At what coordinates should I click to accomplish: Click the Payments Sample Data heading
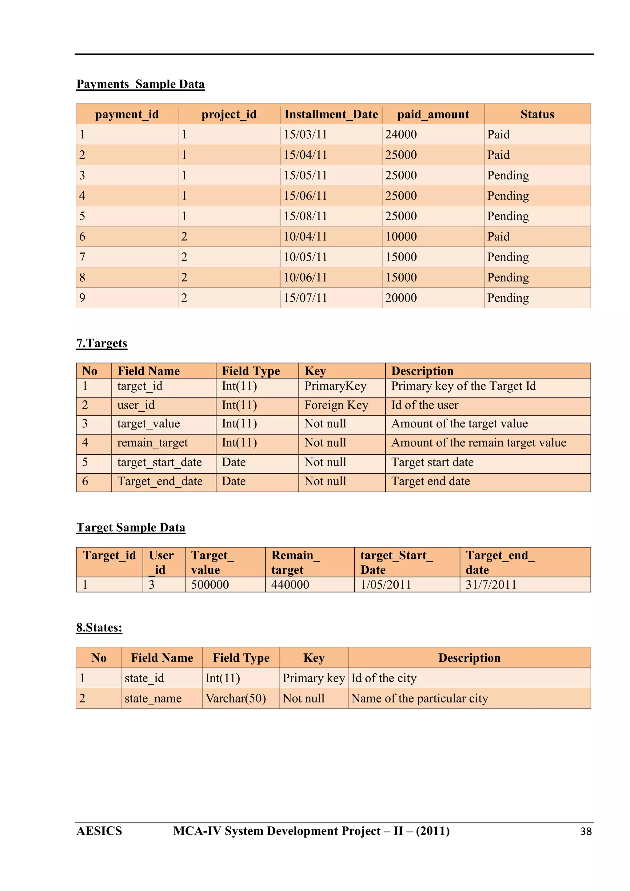tap(141, 84)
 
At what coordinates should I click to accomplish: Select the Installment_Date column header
tap(331, 114)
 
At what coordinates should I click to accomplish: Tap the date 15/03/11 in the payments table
tap(305, 135)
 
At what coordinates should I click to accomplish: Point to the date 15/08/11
tap(305, 216)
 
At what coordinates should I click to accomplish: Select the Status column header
tap(537, 114)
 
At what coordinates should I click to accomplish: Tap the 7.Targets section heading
tap(102, 343)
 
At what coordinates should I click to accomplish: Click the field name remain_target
tap(153, 443)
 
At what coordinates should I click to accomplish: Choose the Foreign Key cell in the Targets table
tap(336, 405)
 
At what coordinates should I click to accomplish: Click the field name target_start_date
tap(160, 462)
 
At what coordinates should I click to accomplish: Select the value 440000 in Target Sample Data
tap(290, 584)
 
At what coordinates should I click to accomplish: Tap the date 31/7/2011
tap(491, 584)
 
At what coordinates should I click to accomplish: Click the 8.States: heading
tap(99, 628)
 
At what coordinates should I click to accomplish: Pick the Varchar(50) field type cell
tap(236, 699)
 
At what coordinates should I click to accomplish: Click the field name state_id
tap(144, 678)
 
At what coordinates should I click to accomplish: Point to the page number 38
tap(585, 831)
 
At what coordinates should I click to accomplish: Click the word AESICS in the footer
tap(99, 831)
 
